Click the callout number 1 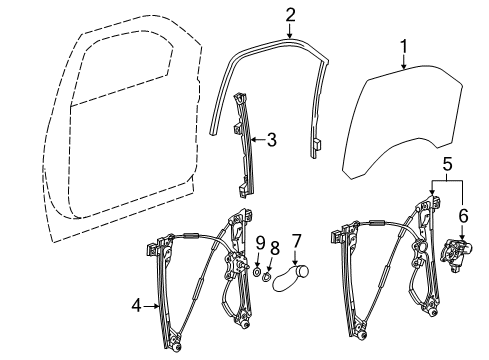point(404,46)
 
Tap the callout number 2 point(290,14)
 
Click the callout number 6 point(462,215)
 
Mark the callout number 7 point(295,240)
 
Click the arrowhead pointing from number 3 point(251,141)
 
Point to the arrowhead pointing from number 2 point(290,32)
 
